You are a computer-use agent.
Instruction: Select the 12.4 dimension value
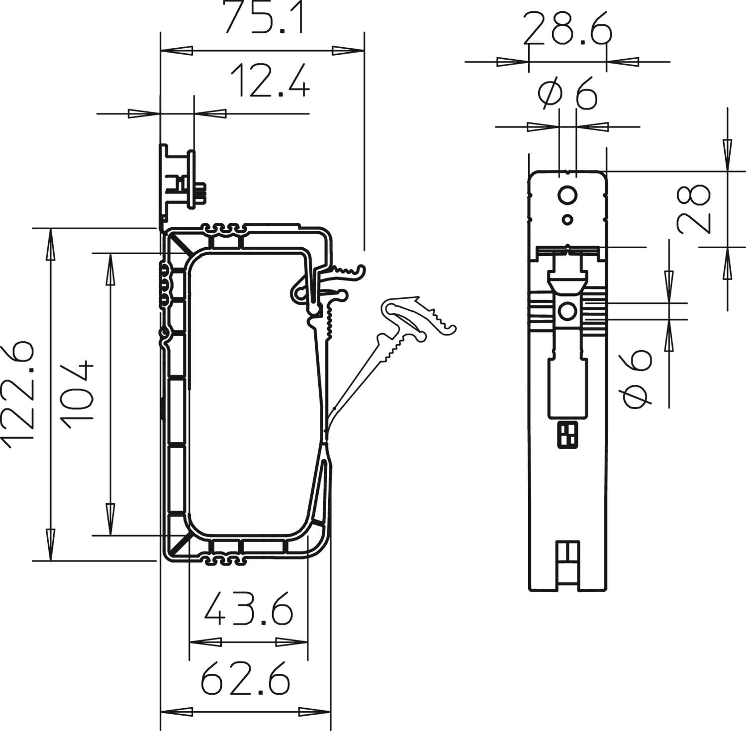(270, 81)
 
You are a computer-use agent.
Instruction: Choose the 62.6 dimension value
(245, 677)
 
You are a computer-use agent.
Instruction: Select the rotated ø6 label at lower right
(637, 378)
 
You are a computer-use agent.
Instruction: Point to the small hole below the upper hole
(567, 219)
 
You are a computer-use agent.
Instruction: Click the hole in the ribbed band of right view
(567, 312)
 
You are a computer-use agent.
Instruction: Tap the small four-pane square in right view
(567, 434)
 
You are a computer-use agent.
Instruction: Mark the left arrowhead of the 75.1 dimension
(176, 51)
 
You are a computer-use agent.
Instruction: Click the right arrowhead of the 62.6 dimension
(315, 712)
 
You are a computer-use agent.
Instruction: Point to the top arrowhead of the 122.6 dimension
(50, 244)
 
